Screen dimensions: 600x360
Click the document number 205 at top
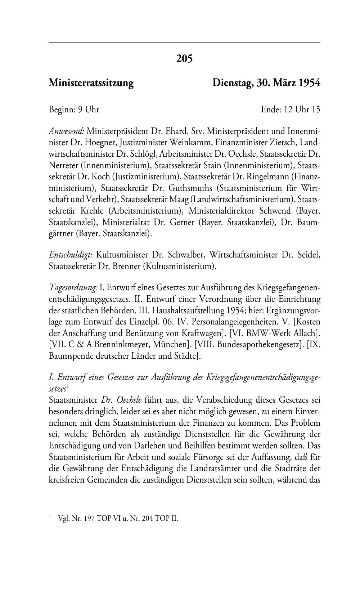[x=184, y=58]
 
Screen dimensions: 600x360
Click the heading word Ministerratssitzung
[x=91, y=83]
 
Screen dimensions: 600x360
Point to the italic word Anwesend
[x=66, y=130]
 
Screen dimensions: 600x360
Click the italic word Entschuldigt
[x=71, y=255]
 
